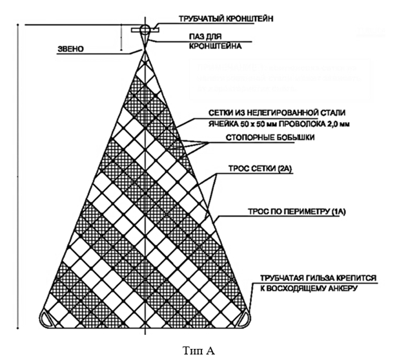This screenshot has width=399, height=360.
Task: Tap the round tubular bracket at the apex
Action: pyautogui.click(x=144, y=29)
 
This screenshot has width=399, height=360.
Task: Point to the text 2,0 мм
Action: pyautogui.click(x=336, y=123)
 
